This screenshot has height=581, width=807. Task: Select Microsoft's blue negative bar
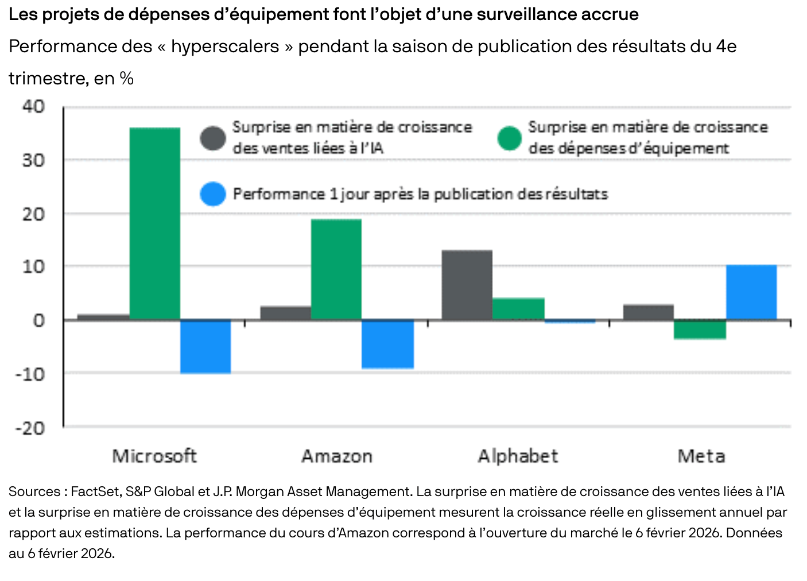click(205, 346)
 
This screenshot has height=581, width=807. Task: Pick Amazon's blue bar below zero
click(387, 344)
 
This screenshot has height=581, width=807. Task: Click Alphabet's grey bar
click(467, 285)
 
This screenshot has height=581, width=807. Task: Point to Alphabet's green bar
click(518, 309)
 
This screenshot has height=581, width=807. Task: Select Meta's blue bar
click(751, 292)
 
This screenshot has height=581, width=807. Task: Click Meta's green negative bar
click(700, 330)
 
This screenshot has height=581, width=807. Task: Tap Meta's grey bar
click(648, 312)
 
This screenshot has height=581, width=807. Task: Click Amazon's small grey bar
click(285, 313)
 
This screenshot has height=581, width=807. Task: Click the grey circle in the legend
click(213, 138)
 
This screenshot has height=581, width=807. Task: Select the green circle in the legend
click(509, 138)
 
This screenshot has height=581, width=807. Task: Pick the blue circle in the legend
click(213, 194)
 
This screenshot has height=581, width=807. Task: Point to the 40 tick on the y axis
click(33, 106)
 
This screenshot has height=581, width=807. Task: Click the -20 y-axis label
click(30, 428)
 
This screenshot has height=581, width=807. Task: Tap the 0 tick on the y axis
click(39, 320)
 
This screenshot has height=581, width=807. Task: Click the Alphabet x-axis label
click(518, 456)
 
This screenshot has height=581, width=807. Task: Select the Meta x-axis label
click(701, 456)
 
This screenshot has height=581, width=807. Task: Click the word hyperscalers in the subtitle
click(225, 47)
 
